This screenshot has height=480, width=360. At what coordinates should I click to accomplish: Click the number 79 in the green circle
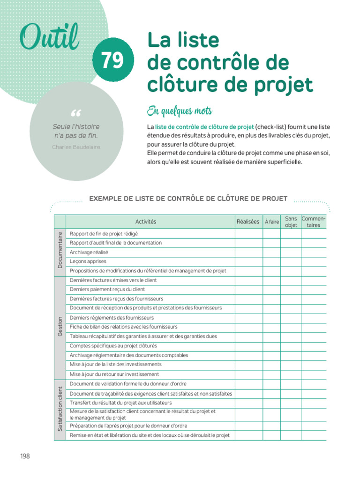[112, 60]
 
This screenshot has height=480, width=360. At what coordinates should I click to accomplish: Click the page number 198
[25, 456]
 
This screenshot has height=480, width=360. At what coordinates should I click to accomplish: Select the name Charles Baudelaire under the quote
[76, 147]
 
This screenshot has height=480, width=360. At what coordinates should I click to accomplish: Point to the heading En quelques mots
[180, 111]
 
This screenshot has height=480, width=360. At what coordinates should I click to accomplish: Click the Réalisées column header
[248, 222]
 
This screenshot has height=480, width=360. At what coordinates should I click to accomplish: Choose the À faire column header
[271, 222]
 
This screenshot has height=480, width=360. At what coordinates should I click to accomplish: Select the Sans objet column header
[291, 222]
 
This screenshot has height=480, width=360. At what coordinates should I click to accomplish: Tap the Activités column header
[146, 222]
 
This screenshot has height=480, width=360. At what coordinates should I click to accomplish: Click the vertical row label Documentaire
[60, 250]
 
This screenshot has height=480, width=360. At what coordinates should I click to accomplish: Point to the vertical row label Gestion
[60, 327]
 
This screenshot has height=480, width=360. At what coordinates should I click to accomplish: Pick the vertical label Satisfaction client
[60, 409]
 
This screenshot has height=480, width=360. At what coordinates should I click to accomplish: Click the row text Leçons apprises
[88, 262]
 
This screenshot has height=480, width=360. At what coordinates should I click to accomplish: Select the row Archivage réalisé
[89, 252]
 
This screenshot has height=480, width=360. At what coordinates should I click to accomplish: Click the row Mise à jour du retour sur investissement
[114, 375]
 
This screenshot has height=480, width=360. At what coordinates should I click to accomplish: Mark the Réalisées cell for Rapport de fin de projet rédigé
[248, 233]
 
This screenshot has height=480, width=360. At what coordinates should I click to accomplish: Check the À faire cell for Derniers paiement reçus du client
[271, 290]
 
